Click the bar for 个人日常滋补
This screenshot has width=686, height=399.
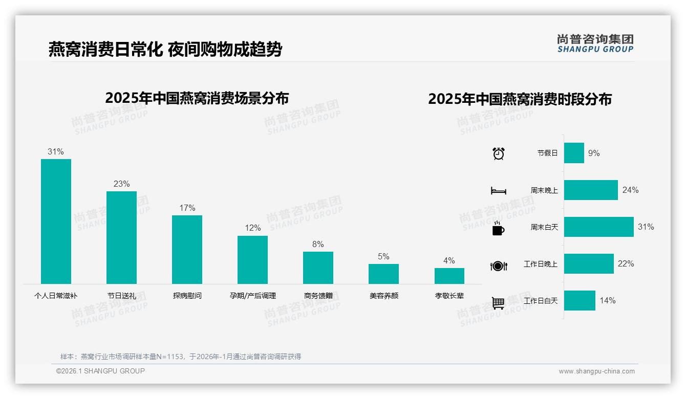coord(56,221)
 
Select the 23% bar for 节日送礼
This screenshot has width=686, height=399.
coord(121,237)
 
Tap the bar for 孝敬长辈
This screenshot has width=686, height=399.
coord(449,276)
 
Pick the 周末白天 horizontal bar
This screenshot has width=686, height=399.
coord(598,227)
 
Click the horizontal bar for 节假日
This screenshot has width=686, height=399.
coord(574,153)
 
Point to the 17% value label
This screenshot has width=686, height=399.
coord(187,208)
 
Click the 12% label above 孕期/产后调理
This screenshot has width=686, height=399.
coord(252,228)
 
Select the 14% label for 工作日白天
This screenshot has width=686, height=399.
coord(607,300)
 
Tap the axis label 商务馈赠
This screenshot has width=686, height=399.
coord(318,296)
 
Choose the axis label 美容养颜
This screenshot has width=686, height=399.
coord(383,296)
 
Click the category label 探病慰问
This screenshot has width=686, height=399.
coord(187,296)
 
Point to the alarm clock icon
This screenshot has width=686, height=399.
coord(498,153)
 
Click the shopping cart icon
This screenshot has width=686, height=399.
coord(498,303)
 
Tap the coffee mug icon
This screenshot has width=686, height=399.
coord(498,229)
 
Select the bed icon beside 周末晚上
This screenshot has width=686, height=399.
coord(498,191)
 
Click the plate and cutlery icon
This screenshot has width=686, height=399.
coord(498,265)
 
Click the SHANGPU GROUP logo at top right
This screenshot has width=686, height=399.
coord(595,43)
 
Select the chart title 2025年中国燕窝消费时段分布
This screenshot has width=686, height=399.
coord(520,99)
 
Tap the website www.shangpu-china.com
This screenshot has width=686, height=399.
coord(596,371)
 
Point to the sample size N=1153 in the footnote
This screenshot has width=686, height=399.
coord(167,357)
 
